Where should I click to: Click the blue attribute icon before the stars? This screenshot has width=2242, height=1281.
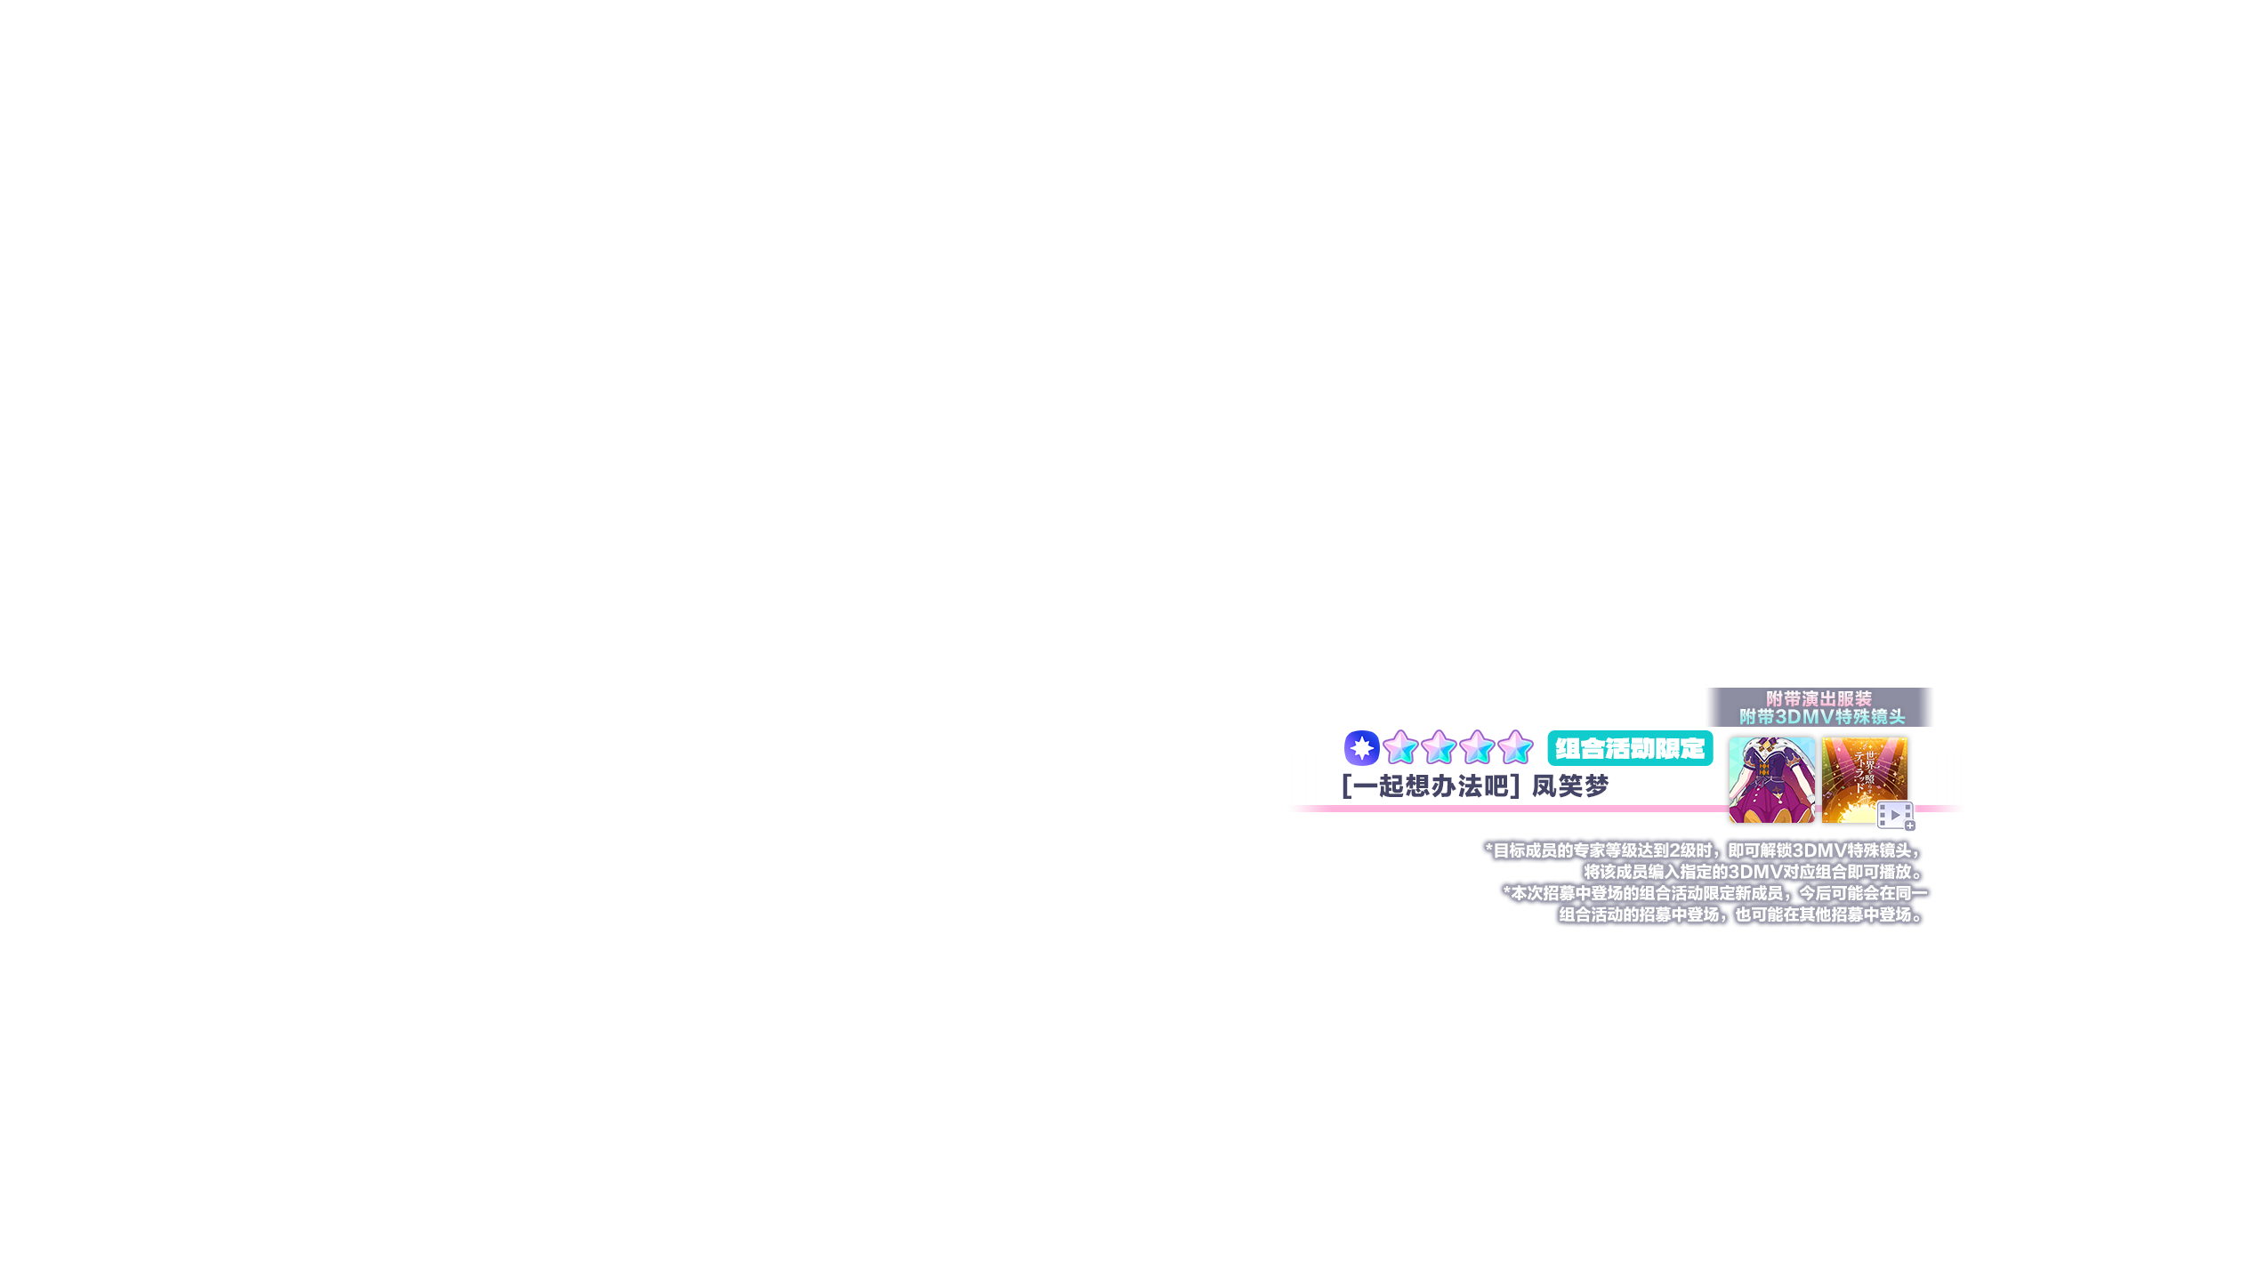click(1361, 748)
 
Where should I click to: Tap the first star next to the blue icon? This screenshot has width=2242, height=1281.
click(1400, 748)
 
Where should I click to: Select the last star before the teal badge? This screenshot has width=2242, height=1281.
click(1515, 748)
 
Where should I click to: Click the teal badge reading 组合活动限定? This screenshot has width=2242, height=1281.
click(1630, 749)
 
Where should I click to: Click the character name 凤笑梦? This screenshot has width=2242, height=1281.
click(1570, 786)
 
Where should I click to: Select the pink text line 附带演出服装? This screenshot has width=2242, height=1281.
click(1819, 699)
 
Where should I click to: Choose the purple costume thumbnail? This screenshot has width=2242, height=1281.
click(1770, 780)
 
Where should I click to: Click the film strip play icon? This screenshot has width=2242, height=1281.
click(1894, 815)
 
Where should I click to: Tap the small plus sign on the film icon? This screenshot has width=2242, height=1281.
click(1910, 826)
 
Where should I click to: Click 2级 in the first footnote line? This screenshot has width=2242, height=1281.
click(1684, 850)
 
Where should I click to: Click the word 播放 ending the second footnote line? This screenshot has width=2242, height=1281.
click(1901, 872)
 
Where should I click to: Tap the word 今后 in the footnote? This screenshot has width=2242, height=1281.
click(1816, 893)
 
